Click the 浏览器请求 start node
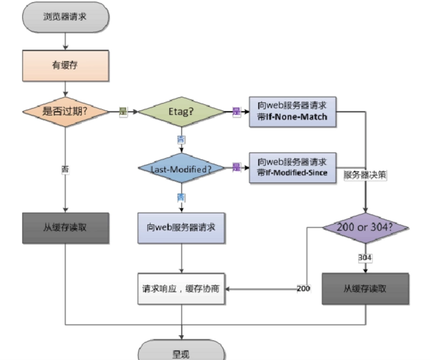(x=65, y=16)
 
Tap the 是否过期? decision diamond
(x=65, y=112)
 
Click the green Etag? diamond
(x=181, y=112)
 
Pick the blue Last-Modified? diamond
(x=181, y=168)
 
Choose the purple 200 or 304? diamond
(x=365, y=227)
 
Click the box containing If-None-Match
(x=292, y=112)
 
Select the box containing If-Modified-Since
(x=292, y=168)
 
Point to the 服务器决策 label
(x=365, y=175)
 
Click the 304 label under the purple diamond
(x=365, y=258)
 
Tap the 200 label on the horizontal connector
(x=304, y=289)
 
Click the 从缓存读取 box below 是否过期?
(x=65, y=227)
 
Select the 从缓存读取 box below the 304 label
(x=365, y=288)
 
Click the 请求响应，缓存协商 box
(x=181, y=289)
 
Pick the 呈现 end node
(x=181, y=352)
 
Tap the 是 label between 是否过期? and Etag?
(x=123, y=112)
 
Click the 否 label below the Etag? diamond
(x=181, y=139)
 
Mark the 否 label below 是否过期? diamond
(x=65, y=169)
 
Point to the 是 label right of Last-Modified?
(x=236, y=168)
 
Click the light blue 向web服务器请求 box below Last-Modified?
(x=181, y=227)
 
